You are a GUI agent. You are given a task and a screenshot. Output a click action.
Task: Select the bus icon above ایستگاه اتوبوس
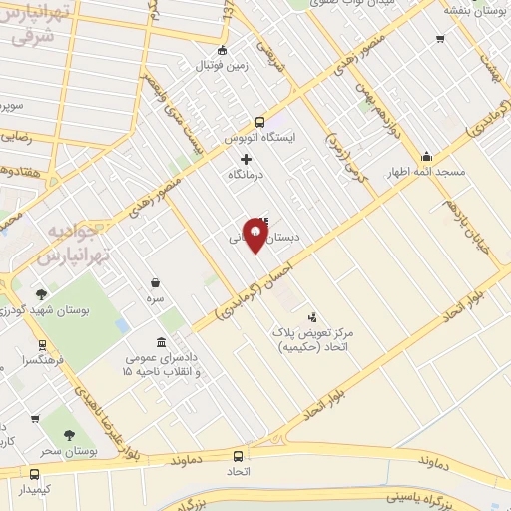pos(259,122)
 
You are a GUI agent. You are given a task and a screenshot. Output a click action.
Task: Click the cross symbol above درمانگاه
pos(247,159)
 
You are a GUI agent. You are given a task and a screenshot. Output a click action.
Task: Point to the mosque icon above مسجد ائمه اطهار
pos(427,156)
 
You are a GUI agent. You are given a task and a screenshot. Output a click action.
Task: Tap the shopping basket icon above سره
pos(155,283)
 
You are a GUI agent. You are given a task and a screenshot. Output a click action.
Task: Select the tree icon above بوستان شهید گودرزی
pos(41,294)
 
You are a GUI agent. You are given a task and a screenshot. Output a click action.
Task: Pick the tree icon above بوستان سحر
pos(69,435)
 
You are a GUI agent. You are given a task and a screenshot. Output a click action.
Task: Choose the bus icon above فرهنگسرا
pos(41,345)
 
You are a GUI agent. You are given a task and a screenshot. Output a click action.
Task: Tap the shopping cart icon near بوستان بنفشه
pos(440,39)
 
